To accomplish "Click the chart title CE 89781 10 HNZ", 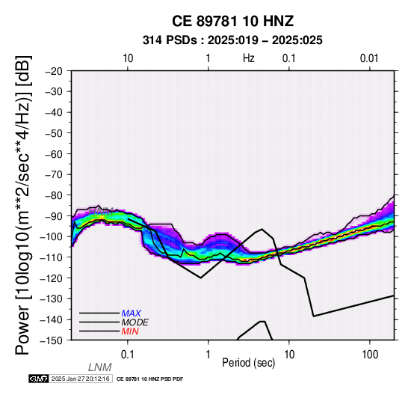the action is point(232,21).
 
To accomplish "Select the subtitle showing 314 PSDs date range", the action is point(232,40).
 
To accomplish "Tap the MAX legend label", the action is point(132,313).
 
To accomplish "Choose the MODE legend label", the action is point(135,322).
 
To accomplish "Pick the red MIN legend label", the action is point(130,331).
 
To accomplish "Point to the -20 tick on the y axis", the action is point(54,71).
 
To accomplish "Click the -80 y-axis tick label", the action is point(54,195).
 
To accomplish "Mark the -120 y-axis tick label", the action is point(52,278).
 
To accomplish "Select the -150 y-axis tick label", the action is point(52,340).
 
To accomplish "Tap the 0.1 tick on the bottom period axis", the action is point(128,355).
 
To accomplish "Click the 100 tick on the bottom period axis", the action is point(370,355).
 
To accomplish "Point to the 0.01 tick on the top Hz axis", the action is point(369,58).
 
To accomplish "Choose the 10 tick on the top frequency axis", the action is point(128,58).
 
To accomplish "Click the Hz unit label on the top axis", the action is point(249,58).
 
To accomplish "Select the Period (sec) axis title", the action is point(248,363).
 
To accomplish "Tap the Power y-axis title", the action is point(23,205).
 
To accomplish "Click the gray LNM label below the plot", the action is point(100,367).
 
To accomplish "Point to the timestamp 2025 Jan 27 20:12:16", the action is point(81,379).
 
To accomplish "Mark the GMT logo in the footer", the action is point(39,379).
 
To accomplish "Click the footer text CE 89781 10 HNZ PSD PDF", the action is point(149,379).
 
